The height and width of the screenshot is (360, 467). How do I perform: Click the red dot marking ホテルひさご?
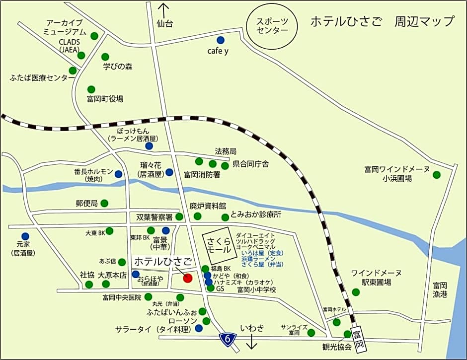[187, 278]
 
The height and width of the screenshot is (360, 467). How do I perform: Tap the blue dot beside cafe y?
[220, 40]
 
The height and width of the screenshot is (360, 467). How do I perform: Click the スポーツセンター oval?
[272, 25]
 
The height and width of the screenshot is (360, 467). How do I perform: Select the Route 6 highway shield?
[228, 339]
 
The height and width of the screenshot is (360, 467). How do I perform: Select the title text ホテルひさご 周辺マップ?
[382, 21]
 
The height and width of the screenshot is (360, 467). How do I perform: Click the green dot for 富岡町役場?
[91, 89]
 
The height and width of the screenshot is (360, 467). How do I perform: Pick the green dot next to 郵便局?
[105, 203]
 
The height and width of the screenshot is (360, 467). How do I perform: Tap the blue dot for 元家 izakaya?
[25, 236]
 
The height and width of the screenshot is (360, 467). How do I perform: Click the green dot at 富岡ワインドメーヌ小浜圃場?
[436, 174]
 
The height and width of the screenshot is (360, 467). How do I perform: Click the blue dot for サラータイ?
[199, 328]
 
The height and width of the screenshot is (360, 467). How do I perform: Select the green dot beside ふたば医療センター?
[73, 71]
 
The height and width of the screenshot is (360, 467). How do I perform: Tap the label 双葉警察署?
[154, 217]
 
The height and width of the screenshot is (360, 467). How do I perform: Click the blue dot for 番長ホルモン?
[118, 174]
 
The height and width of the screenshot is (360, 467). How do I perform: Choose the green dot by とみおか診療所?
[225, 217]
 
